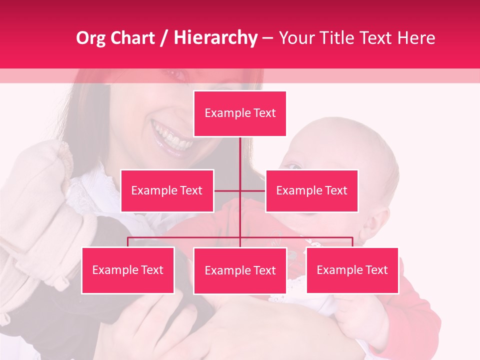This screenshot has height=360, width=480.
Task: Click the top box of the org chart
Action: [240, 113]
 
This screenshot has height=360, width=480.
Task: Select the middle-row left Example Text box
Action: [167, 190]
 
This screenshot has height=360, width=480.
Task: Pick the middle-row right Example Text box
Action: [311, 190]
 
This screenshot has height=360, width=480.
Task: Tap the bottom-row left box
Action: [127, 270]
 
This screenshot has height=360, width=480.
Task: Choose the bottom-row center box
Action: [240, 270]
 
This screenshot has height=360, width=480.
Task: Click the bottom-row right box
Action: [352, 270]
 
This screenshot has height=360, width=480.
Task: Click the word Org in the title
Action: [90, 38]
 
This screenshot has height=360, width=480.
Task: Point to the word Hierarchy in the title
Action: [215, 38]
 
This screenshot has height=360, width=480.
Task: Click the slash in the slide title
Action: [164, 38]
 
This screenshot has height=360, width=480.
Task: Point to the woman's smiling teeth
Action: [171, 136]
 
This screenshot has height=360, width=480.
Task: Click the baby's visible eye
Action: [295, 166]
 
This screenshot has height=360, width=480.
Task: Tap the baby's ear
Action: [380, 220]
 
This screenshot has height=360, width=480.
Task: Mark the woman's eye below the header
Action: [176, 74]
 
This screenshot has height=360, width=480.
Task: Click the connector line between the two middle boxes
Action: [240, 190]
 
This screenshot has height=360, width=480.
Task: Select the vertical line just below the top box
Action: [240, 150]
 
